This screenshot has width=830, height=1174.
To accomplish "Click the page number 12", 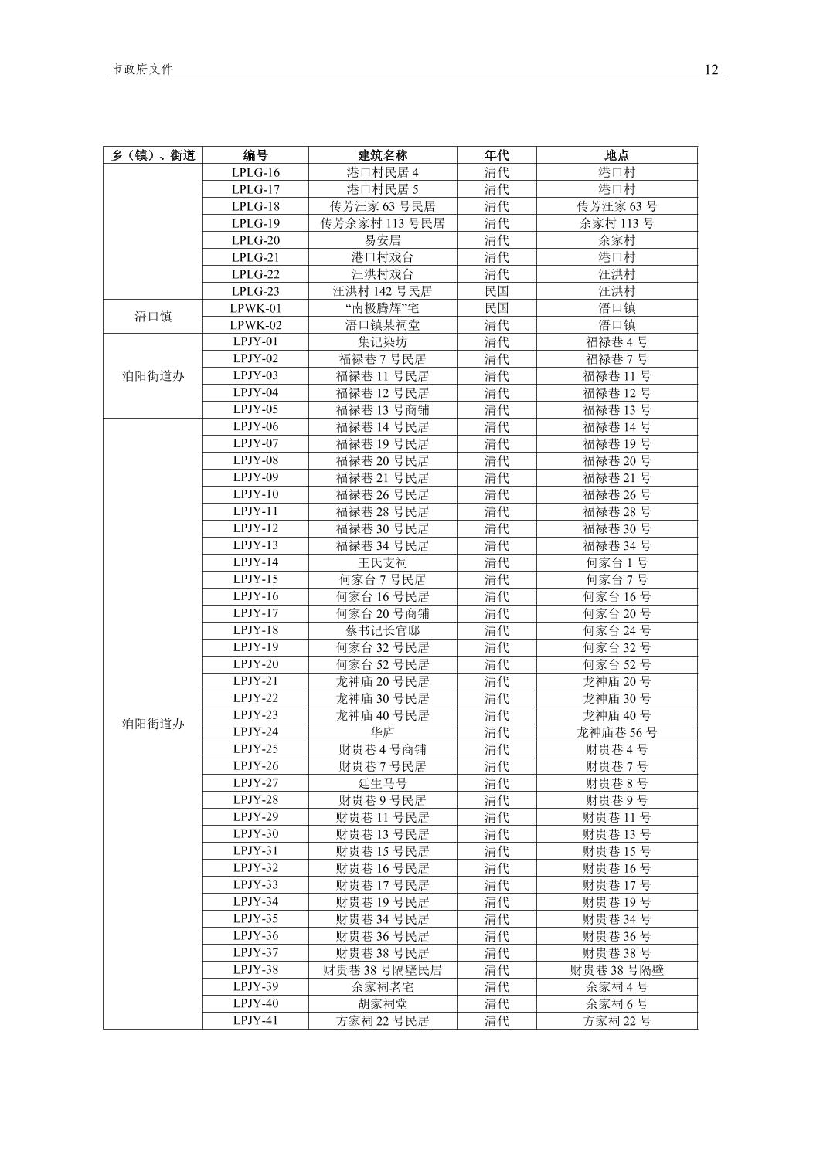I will (x=711, y=70).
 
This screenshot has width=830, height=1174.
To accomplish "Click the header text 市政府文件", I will (x=142, y=70).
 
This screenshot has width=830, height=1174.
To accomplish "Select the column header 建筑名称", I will (x=383, y=155).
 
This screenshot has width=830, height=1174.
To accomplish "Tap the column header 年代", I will (x=496, y=155).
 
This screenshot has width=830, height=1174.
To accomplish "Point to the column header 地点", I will (x=617, y=155).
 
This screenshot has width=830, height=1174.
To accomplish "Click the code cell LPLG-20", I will (x=256, y=240).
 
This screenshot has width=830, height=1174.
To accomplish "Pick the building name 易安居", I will (x=383, y=240).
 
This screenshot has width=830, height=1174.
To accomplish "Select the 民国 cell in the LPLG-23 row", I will (x=496, y=291).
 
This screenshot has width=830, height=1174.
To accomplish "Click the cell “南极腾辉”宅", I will (x=383, y=308).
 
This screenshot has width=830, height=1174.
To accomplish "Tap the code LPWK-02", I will (x=256, y=325).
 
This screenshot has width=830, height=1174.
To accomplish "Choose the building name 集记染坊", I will (x=383, y=341).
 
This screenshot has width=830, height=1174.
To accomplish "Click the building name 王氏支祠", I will (x=383, y=562).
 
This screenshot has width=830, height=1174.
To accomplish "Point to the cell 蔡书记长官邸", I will (x=383, y=630).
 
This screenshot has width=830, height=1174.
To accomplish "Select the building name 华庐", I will (x=383, y=732).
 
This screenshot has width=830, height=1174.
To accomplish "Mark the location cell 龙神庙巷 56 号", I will (x=617, y=732).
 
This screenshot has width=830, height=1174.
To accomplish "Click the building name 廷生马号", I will (x=383, y=783).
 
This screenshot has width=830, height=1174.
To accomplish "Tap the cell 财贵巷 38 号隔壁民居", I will (x=383, y=970).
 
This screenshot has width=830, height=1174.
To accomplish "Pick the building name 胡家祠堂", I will (x=383, y=1004).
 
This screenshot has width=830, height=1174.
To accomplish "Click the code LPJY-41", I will (x=256, y=1021).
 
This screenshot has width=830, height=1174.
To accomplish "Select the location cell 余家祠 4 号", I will (x=617, y=987).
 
